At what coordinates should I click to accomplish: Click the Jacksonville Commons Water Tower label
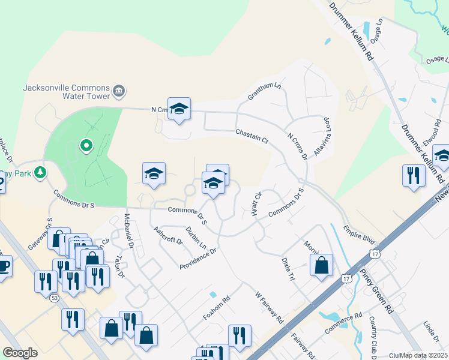tap(66, 91)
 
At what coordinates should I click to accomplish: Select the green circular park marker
tap(86, 145)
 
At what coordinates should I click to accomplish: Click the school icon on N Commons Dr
tap(179, 109)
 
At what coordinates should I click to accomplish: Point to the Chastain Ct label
tap(252, 134)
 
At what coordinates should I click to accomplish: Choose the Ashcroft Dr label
tap(167, 235)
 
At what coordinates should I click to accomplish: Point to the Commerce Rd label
tap(344, 323)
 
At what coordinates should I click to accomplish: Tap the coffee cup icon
tap(4, 266)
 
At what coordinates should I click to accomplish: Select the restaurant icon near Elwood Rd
tap(414, 175)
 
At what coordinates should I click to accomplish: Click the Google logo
tap(20, 353)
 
